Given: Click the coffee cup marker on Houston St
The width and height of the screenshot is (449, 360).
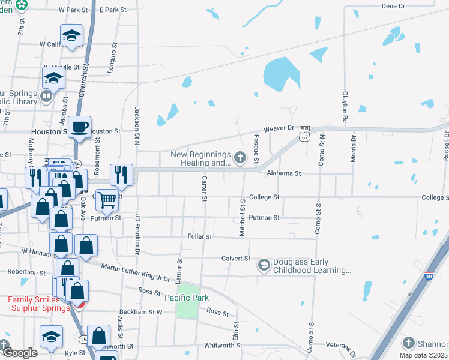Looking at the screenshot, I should click(x=79, y=127).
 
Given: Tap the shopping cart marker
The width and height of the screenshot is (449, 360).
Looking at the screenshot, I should click(x=107, y=200).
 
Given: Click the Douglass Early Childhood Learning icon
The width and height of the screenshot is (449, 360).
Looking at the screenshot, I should click(x=264, y=265).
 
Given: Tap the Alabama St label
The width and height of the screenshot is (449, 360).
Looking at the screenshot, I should click(x=283, y=173).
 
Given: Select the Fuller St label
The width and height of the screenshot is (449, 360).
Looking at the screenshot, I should click(x=200, y=237).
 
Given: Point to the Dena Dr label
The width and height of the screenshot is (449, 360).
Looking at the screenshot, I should click(x=394, y=6).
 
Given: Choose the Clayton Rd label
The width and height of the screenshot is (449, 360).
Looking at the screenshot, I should click(x=345, y=107).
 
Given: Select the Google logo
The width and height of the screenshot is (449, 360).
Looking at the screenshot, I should click(x=20, y=353).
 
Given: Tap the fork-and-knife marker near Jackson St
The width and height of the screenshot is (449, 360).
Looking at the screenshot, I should click(x=121, y=175).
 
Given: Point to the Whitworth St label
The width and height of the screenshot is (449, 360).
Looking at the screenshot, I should click(x=223, y=346).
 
